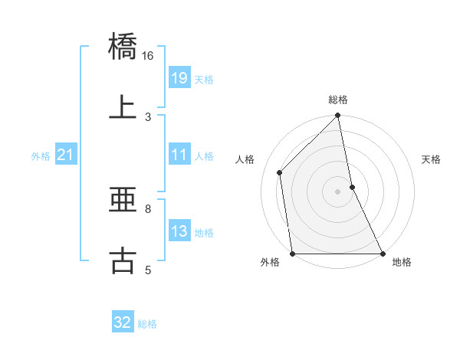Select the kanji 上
(x=123, y=106)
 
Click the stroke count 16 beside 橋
(x=147, y=56)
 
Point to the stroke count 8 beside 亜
(x=147, y=208)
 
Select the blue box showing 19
(x=179, y=77)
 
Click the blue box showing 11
(x=179, y=155)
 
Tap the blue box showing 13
(x=179, y=231)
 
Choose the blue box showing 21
(x=66, y=155)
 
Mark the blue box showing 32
(x=123, y=322)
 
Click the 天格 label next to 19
(x=204, y=79)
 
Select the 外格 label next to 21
(x=41, y=156)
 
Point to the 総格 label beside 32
(x=147, y=324)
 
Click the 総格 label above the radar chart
(x=338, y=100)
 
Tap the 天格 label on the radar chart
(x=432, y=159)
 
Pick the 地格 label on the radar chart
(x=402, y=263)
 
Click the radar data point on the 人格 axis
(x=280, y=172)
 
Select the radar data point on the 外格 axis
(x=293, y=254)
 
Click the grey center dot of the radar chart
(x=338, y=191)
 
